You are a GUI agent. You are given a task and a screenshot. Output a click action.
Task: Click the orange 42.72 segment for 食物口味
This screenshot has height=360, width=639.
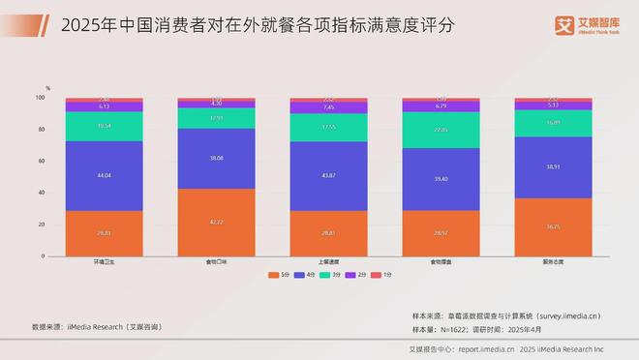(217, 223)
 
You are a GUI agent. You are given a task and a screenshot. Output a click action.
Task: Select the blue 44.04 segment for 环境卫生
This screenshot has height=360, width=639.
(104, 175)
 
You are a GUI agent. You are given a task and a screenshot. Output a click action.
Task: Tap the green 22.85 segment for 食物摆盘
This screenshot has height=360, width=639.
(441, 130)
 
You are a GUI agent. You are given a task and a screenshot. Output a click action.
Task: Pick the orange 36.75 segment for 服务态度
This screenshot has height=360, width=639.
(554, 227)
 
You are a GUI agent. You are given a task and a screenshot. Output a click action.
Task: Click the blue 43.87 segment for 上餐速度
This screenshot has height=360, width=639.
(329, 176)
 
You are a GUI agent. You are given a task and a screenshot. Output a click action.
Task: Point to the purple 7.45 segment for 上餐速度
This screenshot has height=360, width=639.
(329, 108)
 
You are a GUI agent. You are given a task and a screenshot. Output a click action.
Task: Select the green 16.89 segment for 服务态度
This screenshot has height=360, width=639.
(554, 123)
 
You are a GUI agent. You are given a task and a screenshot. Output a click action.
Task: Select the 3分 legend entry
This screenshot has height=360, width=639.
(333, 276)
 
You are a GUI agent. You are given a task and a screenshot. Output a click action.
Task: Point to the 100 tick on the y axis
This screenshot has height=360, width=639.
(41, 98)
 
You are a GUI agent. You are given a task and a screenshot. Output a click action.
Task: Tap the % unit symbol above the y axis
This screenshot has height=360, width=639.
(47, 88)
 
